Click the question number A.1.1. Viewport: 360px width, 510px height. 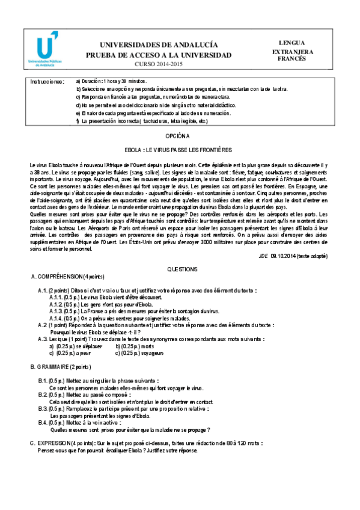[55, 297]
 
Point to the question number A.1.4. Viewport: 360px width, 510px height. [55, 318]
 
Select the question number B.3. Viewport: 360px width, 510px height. [43, 408]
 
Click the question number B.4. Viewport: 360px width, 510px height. [43, 423]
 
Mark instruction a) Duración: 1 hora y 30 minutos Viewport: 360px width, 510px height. [111, 81]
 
